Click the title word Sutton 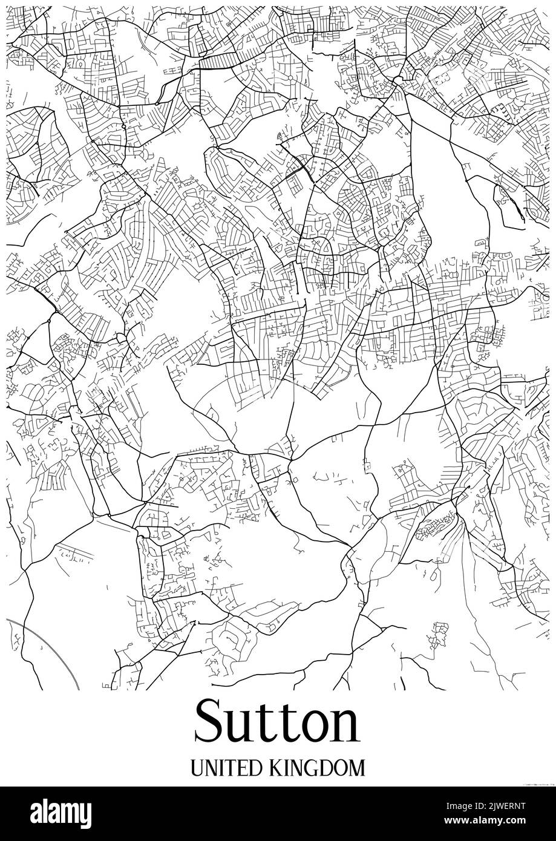point(277,723)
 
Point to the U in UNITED point(197,768)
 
